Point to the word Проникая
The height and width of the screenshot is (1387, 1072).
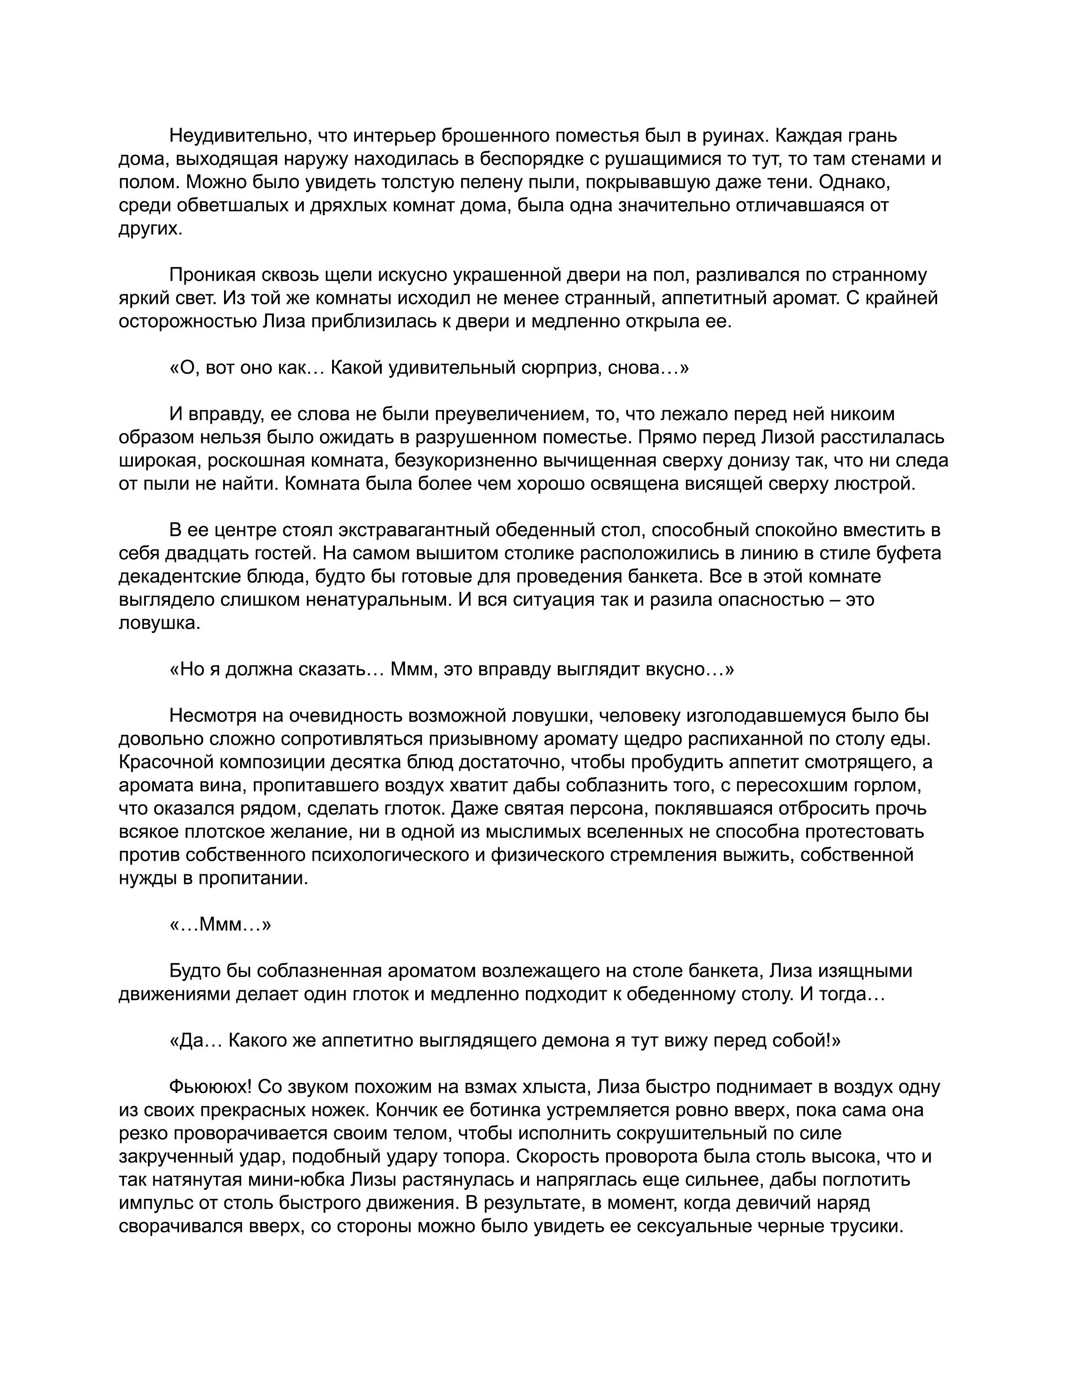point(212,275)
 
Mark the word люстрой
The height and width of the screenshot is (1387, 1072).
point(879,484)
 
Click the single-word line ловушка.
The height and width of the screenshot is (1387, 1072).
point(159,623)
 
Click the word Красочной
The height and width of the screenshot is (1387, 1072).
point(168,762)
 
